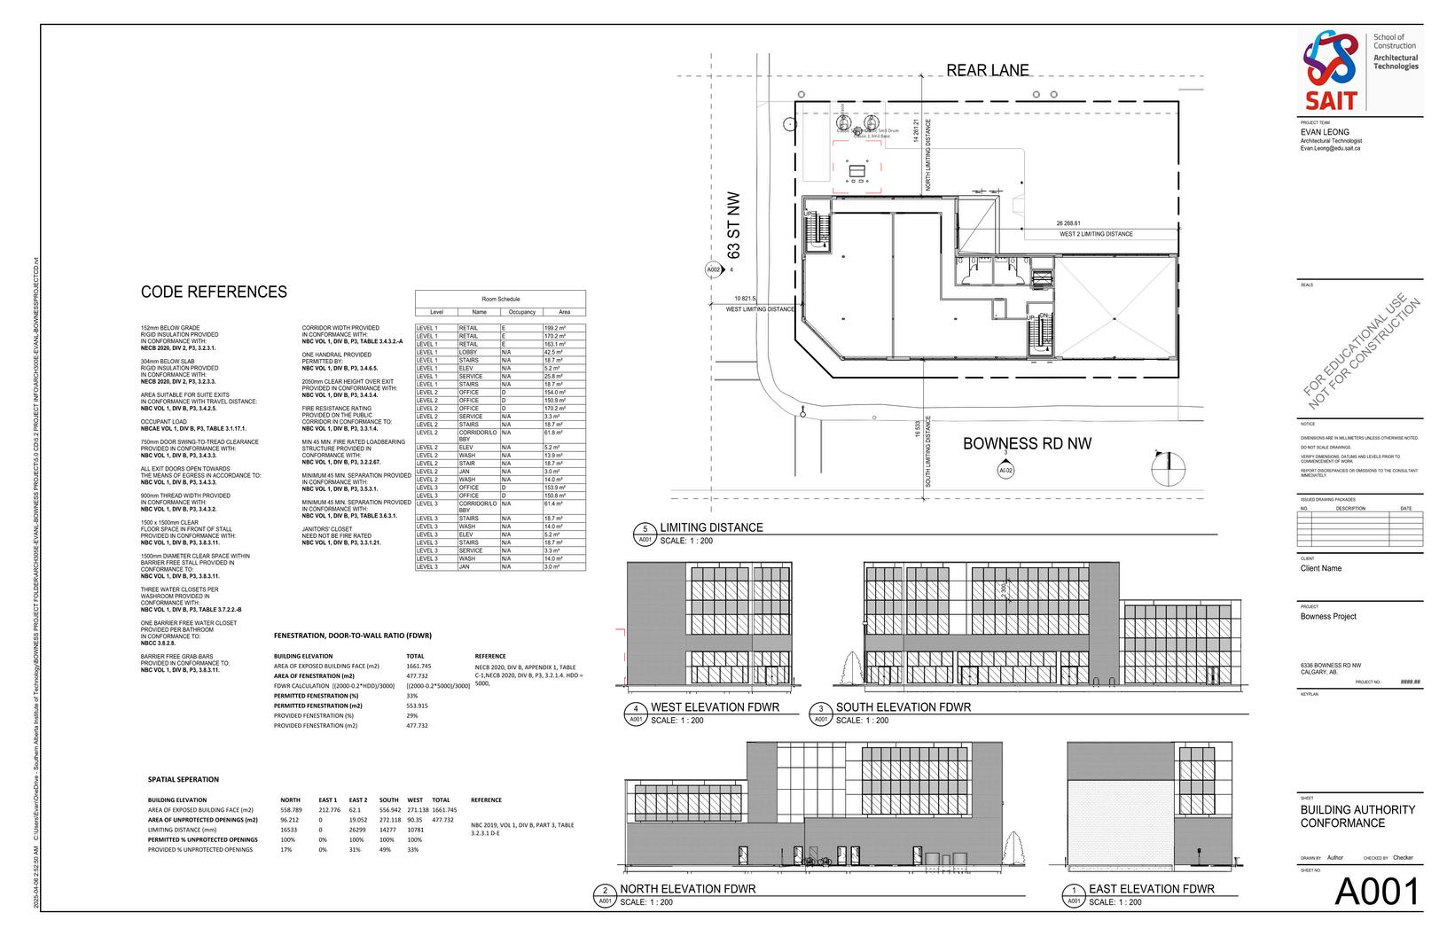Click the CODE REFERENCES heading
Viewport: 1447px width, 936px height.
pos(214,292)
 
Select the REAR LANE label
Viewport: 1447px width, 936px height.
pos(987,70)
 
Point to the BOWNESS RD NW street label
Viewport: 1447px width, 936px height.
pos(1027,443)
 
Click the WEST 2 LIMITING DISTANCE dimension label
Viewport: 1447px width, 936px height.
pos(1096,234)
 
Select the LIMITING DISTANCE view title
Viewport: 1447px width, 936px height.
pos(711,527)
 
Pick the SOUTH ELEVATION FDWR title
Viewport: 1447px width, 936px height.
pos(903,707)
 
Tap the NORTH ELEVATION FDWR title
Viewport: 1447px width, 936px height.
pos(687,889)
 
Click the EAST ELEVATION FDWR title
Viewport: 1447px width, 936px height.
pos(1151,889)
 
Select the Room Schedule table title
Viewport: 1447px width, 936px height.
pos(500,300)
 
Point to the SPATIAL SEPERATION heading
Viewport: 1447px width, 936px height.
pos(183,780)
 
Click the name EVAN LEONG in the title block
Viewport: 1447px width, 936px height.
pos(1325,132)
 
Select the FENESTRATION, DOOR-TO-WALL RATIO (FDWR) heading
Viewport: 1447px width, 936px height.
pos(353,636)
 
